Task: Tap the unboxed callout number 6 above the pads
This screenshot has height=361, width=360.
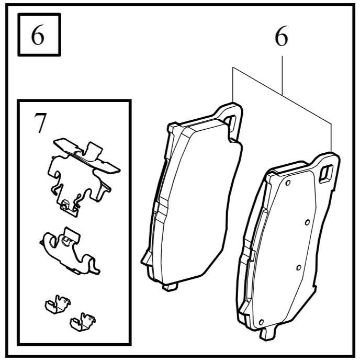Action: [x=281, y=38]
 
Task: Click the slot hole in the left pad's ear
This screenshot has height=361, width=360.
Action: [x=231, y=120]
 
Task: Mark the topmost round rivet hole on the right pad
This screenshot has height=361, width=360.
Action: [x=287, y=183]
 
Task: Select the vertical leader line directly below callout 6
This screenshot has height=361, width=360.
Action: [x=283, y=73]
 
